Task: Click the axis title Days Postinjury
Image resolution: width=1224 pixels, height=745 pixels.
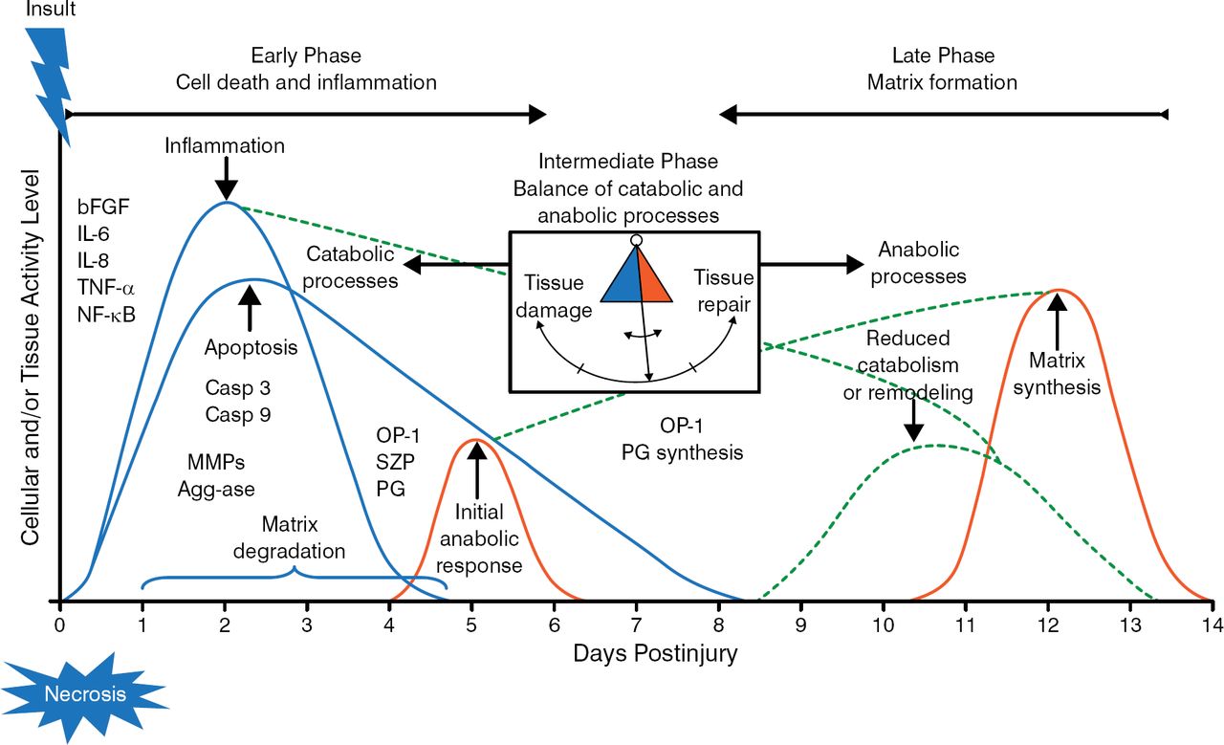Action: (655, 653)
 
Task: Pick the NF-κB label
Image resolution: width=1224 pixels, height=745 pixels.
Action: (107, 310)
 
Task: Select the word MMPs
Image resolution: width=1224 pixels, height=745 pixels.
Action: (211, 463)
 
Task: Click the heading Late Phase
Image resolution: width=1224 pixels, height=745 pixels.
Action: (942, 55)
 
